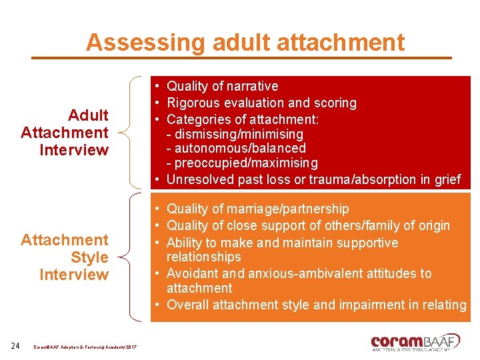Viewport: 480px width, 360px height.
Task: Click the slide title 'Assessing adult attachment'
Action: (x=245, y=42)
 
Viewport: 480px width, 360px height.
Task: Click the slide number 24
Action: (x=16, y=345)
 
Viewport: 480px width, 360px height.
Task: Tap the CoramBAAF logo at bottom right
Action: (x=415, y=341)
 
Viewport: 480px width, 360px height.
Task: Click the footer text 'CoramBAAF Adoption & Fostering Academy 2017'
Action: (x=85, y=346)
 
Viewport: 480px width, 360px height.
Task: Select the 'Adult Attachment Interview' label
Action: (x=65, y=133)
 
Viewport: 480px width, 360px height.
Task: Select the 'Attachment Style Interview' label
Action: (x=65, y=257)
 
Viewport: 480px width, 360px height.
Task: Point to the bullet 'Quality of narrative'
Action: (x=222, y=86)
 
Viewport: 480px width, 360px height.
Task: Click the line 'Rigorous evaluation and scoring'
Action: (x=261, y=103)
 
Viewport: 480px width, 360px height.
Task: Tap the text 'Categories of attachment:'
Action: (x=242, y=119)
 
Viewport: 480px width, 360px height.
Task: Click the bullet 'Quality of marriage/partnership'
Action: (x=257, y=209)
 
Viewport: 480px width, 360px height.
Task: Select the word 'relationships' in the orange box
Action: (x=203, y=257)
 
